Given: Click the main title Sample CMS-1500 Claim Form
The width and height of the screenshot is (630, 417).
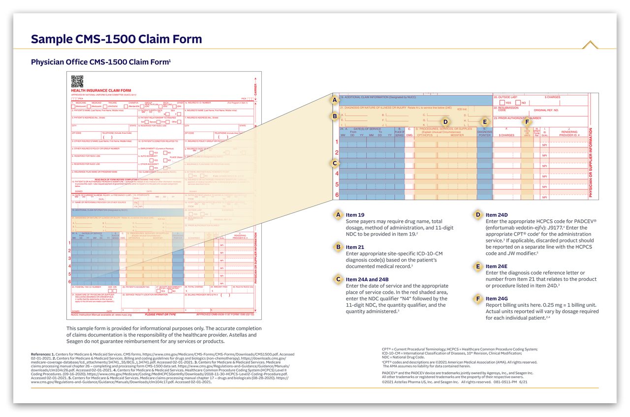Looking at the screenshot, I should point(116,39).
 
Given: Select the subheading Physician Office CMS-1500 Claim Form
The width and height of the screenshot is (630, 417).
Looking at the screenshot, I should point(100,62).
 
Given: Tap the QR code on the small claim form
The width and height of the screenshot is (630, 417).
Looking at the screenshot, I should point(77,81).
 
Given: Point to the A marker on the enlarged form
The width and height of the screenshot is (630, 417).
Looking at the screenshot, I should point(335,100).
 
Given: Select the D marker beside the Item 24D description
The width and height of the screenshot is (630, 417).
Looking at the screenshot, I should point(477,215).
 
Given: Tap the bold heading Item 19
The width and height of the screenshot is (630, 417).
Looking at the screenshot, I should point(355,215).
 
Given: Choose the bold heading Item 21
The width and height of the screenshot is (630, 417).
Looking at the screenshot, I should point(355,247).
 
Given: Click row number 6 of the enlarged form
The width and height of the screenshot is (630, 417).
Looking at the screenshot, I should point(337,195).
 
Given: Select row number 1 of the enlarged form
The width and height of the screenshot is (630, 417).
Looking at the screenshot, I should point(337,142).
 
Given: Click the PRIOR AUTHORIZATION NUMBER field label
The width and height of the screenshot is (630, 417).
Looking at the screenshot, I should point(517,118).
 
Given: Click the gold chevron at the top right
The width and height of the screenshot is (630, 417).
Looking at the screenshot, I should point(590,45).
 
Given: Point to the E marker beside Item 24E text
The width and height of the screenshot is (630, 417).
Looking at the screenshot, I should point(477,267).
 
